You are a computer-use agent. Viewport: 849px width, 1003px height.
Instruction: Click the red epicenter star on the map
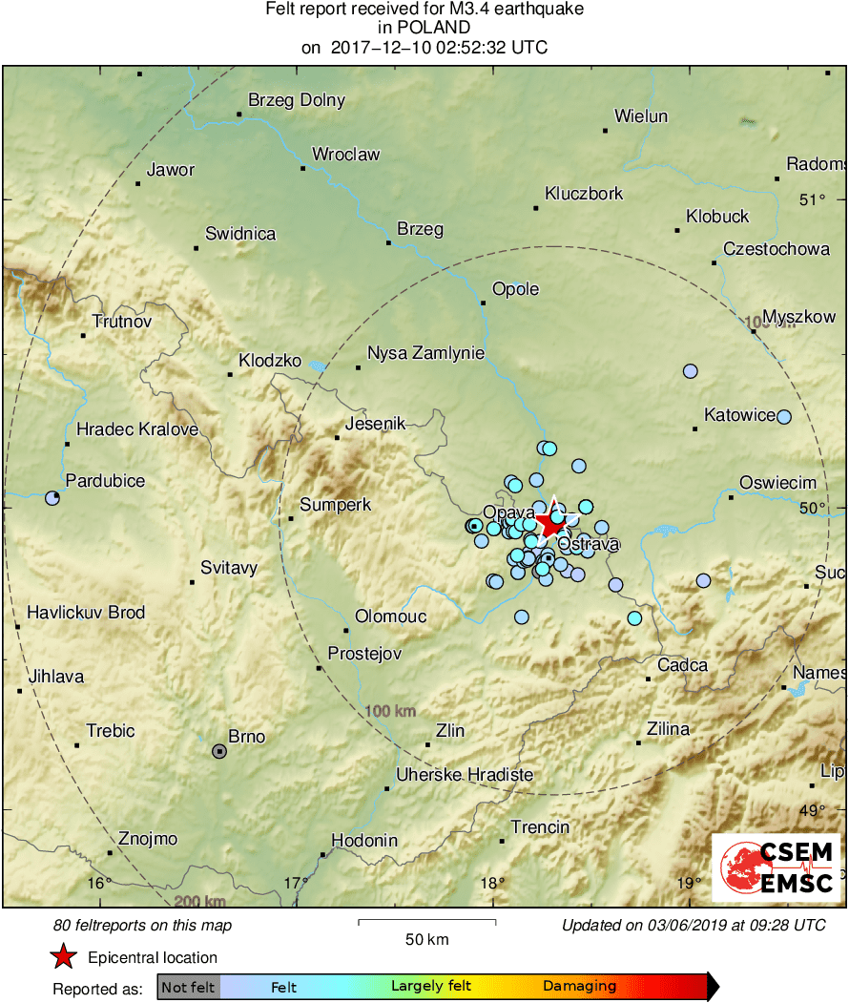(550, 523)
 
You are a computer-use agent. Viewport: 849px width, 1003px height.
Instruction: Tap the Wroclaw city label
(345, 155)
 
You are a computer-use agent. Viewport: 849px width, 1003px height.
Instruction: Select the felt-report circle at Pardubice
(52, 497)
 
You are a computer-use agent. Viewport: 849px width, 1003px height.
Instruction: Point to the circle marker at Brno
(219, 751)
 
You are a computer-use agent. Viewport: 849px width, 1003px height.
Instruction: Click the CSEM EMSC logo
(777, 867)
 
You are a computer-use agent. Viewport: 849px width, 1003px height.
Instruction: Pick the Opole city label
(515, 289)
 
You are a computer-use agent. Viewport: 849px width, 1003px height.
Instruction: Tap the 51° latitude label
(812, 199)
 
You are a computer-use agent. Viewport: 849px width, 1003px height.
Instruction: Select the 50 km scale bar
(426, 922)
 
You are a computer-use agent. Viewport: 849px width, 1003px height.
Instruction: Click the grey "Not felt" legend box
(188, 987)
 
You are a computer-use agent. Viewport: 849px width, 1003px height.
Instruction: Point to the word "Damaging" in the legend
(579, 987)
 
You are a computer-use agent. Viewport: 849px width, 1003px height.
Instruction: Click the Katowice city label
(739, 415)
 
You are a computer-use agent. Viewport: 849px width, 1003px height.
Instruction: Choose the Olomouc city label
(390, 616)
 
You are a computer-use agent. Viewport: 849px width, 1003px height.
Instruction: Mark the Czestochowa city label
(776, 249)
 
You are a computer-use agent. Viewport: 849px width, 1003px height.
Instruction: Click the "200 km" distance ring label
(199, 901)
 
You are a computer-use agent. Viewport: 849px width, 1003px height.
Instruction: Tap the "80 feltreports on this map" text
(143, 925)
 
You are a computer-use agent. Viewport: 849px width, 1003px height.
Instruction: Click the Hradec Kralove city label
(137, 429)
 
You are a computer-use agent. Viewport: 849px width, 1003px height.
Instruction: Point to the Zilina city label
(668, 729)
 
